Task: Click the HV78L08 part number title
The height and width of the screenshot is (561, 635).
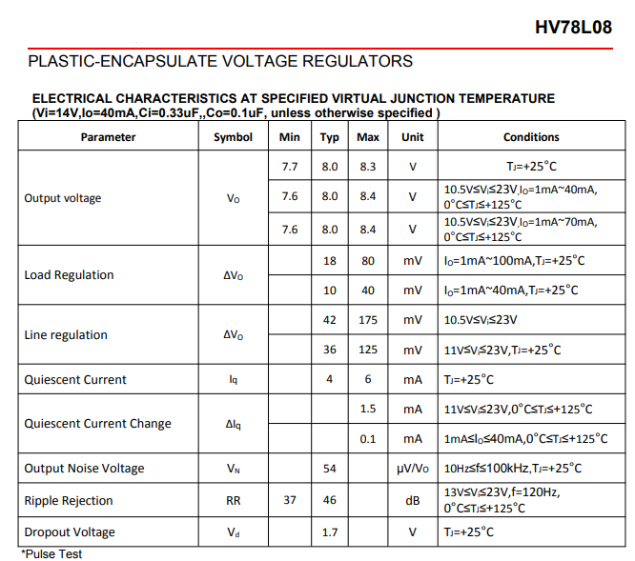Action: point(573,27)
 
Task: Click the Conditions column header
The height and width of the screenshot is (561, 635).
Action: point(531,137)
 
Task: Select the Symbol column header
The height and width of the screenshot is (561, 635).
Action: point(233,137)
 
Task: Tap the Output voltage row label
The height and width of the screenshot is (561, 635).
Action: point(62,198)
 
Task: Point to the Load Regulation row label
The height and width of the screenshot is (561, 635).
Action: point(69,275)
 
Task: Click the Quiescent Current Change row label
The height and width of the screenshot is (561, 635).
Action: point(97,423)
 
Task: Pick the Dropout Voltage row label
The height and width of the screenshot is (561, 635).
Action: point(70,531)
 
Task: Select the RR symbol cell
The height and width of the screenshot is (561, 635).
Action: point(233,500)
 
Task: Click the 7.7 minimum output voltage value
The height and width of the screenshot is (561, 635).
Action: point(290,166)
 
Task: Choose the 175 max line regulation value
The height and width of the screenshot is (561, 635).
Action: point(368,320)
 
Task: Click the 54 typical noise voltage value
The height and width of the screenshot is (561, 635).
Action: point(330,469)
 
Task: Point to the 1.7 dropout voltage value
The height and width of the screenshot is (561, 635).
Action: point(330,531)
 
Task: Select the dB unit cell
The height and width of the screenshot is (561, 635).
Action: point(412,500)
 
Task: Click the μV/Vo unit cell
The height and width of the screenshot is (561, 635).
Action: point(412,469)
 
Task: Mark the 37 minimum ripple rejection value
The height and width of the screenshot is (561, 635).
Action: point(290,500)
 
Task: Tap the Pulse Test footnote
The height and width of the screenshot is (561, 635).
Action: point(51,553)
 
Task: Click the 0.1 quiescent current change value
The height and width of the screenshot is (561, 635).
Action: point(368,439)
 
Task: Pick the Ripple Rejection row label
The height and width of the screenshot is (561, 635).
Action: point(69,500)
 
